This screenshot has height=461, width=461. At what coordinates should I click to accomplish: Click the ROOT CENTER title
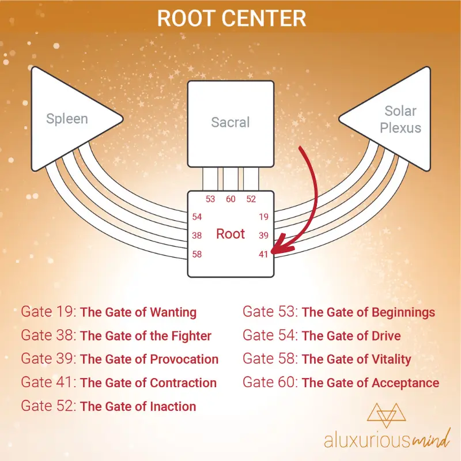(x=232, y=18)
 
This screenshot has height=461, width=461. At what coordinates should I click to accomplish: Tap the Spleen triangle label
(x=67, y=119)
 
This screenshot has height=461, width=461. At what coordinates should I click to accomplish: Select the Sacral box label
(x=231, y=122)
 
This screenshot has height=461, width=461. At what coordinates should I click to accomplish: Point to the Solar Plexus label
(x=400, y=119)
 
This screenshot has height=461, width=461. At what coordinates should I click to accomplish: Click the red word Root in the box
(x=231, y=234)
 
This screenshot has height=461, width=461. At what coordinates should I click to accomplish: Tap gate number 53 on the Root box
(x=210, y=199)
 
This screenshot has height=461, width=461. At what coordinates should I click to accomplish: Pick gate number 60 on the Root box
(x=231, y=199)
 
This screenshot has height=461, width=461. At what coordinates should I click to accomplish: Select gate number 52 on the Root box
(x=251, y=199)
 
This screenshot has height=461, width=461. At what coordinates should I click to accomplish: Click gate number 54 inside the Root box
(x=197, y=217)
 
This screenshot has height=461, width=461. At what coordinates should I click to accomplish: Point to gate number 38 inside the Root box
(x=197, y=236)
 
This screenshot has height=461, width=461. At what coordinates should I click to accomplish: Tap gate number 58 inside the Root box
(x=197, y=254)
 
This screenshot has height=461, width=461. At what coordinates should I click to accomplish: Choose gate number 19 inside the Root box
(x=264, y=217)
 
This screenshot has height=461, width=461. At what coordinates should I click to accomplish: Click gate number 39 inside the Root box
(x=264, y=236)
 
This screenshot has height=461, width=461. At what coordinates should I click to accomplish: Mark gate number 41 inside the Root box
(x=264, y=254)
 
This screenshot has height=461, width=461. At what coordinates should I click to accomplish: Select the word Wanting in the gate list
(x=173, y=312)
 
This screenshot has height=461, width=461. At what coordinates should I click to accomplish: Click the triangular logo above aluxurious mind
(x=386, y=415)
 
